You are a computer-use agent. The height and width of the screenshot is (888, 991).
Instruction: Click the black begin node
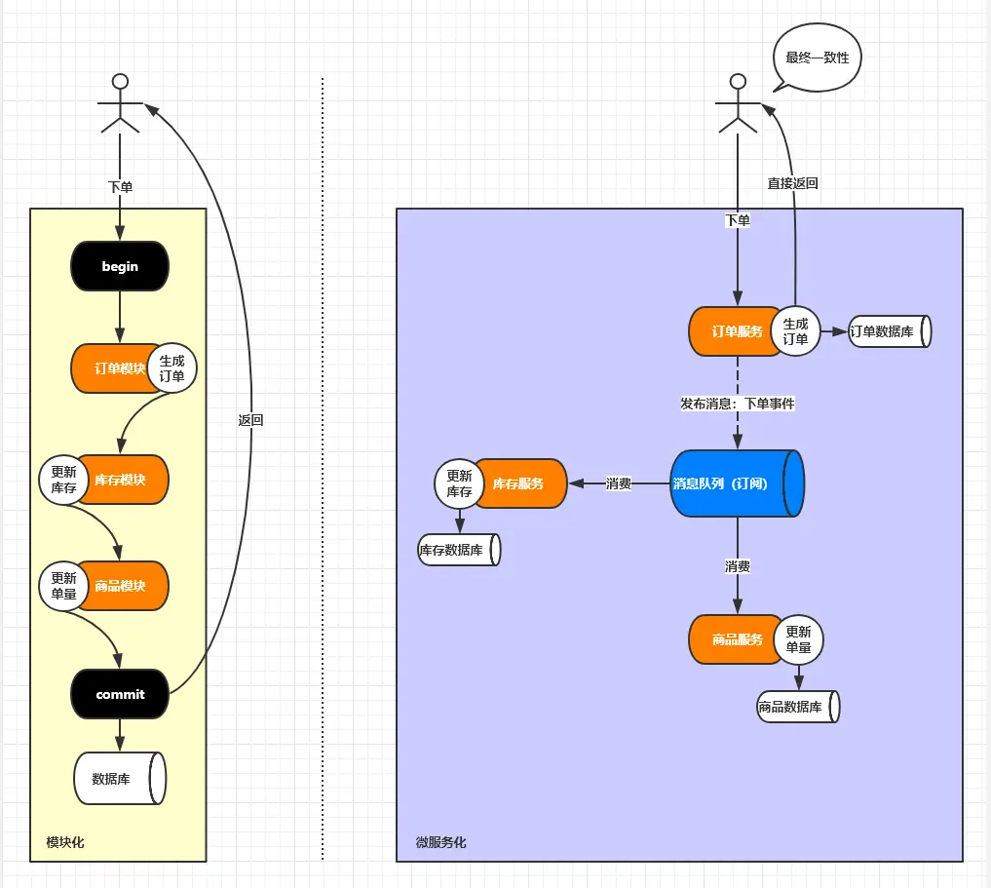120,267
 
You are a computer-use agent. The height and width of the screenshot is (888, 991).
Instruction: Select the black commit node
120,694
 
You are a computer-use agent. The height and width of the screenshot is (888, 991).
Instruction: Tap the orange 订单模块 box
112,368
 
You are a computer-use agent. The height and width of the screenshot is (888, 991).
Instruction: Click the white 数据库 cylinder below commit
120,778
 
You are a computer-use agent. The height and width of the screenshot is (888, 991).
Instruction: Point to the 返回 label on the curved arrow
250,420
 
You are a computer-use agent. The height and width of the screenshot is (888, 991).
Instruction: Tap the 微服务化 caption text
441,841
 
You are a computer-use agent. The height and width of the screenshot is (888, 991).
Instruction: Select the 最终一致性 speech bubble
817,58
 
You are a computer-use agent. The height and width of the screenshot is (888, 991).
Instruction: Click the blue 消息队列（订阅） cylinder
736,483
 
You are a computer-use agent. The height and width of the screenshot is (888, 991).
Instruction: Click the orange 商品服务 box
733,639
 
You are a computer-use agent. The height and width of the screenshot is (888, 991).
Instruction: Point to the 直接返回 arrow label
792,182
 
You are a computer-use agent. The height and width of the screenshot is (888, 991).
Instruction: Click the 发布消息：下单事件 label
737,403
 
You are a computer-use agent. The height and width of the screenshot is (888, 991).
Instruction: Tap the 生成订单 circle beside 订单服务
795,331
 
